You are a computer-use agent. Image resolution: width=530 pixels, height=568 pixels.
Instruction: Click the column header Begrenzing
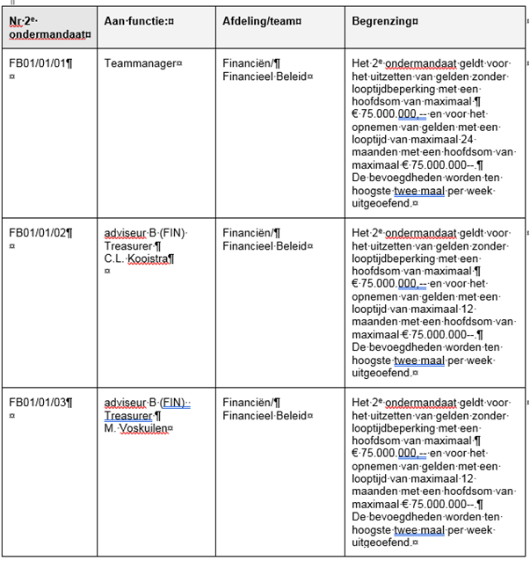383,19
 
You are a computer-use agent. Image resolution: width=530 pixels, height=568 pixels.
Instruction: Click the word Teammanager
141,63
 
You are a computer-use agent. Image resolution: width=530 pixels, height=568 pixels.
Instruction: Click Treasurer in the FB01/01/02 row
127,246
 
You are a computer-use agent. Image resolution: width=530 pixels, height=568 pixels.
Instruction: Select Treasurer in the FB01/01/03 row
127,416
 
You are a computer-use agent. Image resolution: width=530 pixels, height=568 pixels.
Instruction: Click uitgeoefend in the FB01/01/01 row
381,202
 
